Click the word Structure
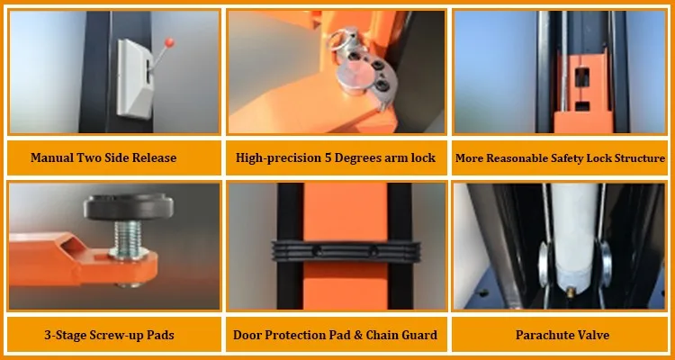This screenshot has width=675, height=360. point(637,158)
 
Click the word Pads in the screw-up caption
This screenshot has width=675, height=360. point(158,336)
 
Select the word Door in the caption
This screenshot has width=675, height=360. point(248,336)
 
